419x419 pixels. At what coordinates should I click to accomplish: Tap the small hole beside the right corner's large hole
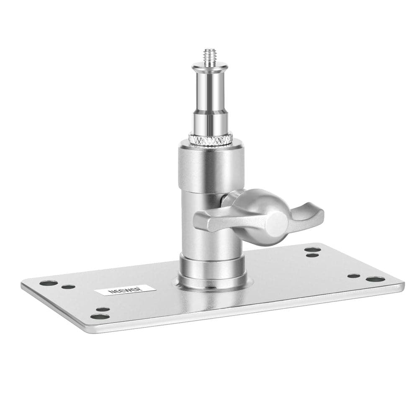[x=354, y=276]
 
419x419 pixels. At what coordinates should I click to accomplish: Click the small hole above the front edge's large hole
[x=103, y=310]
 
